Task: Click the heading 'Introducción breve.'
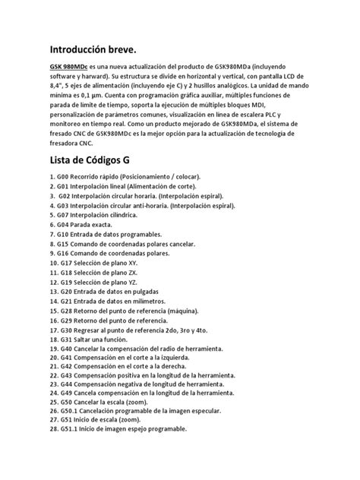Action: point(96,50)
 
